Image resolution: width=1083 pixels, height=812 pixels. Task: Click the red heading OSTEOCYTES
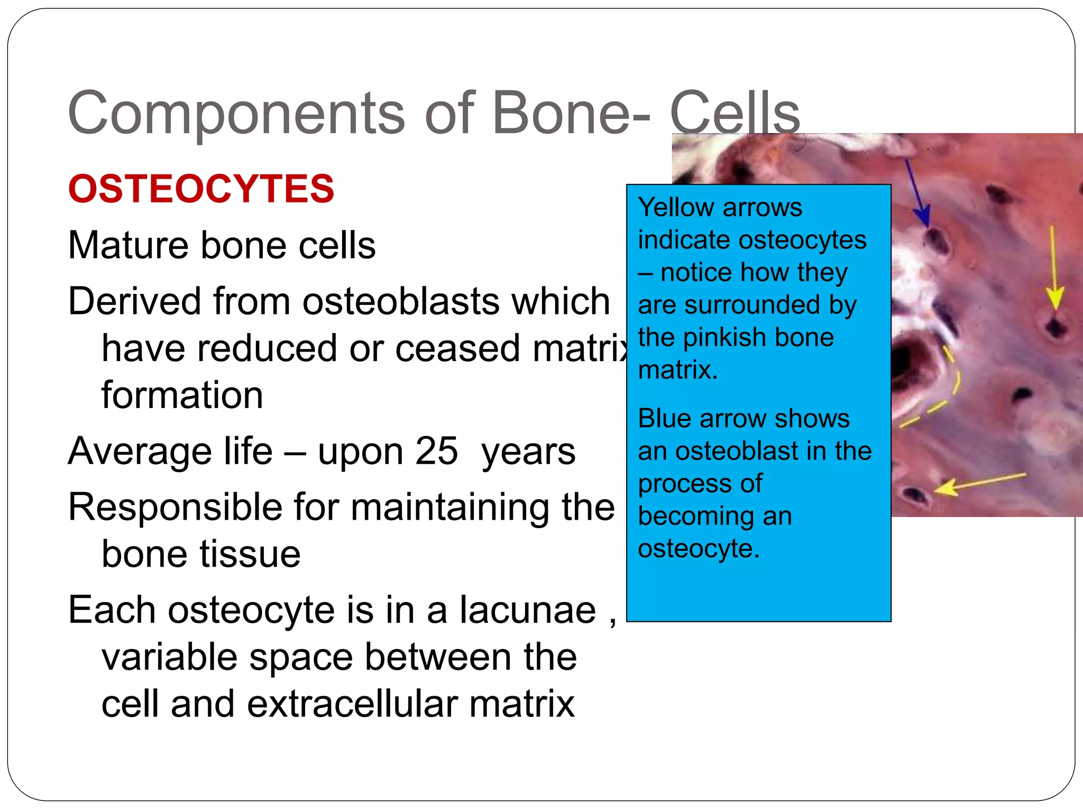201,189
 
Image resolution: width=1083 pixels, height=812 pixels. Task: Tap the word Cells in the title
735,113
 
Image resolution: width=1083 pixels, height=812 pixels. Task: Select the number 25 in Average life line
436,451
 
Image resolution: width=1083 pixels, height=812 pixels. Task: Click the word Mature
128,245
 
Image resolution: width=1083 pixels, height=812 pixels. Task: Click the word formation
182,395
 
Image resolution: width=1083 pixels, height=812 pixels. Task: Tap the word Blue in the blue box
664,419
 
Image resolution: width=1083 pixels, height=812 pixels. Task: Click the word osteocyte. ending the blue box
699,549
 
